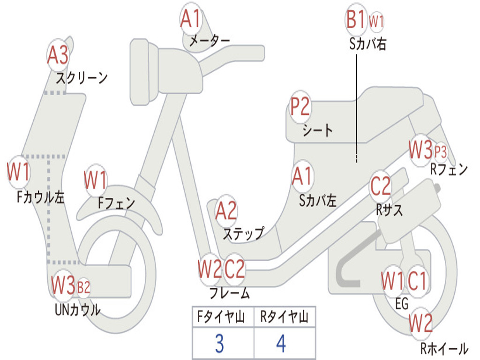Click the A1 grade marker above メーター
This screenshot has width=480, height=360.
pos(191,20)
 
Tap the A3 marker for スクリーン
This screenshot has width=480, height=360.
pos(58,55)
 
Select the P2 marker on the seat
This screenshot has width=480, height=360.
pos(300,107)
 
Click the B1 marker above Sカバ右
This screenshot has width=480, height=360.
pos(355,20)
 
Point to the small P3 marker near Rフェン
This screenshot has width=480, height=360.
pos(441,152)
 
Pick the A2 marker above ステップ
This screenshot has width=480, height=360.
pos(226,211)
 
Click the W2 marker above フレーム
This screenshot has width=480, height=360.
pos(209,270)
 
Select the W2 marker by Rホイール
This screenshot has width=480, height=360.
pos(420,323)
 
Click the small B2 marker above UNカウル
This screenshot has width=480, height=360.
pos(83,287)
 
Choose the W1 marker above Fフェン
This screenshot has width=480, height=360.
pos(96,180)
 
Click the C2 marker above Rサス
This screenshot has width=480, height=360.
pos(381,187)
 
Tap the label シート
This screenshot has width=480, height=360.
pos(317,129)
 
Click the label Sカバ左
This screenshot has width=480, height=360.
pos(318,201)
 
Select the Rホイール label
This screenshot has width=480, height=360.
pos(443,348)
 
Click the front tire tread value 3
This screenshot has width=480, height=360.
pos(219,344)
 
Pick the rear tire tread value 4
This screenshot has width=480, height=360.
pos(281,344)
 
